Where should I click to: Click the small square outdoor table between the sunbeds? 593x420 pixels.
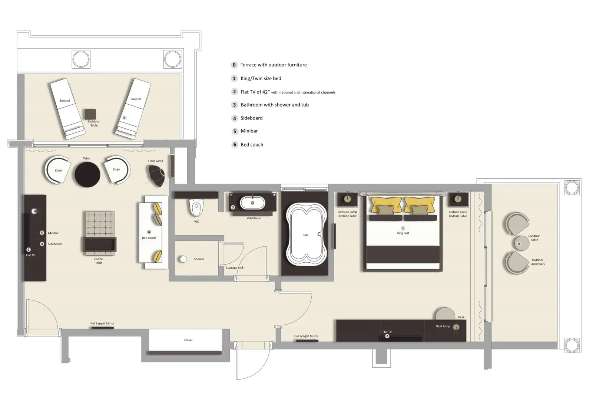click(90, 114)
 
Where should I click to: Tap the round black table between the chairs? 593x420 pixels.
click(87, 174)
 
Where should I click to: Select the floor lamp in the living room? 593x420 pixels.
click(156, 175)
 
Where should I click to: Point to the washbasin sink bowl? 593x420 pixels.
click(252, 203)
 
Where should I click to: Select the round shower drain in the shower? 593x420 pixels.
click(183, 259)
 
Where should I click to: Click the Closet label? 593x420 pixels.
click(188, 340)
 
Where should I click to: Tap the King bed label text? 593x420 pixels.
click(403, 233)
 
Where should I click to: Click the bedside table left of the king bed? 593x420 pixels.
click(347, 200)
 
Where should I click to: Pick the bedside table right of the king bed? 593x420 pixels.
click(458, 200)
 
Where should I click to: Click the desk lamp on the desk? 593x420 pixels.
click(456, 327)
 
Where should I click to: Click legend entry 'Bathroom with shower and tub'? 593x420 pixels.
click(275, 105)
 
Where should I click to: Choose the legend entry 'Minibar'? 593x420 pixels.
click(249, 131)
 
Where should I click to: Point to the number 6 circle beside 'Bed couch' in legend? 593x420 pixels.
click(235, 145)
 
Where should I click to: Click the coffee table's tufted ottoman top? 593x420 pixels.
click(100, 224)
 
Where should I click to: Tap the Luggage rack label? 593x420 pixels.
click(235, 268)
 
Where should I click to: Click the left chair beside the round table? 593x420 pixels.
click(57, 170)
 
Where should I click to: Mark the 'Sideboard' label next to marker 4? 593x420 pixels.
click(55, 244)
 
